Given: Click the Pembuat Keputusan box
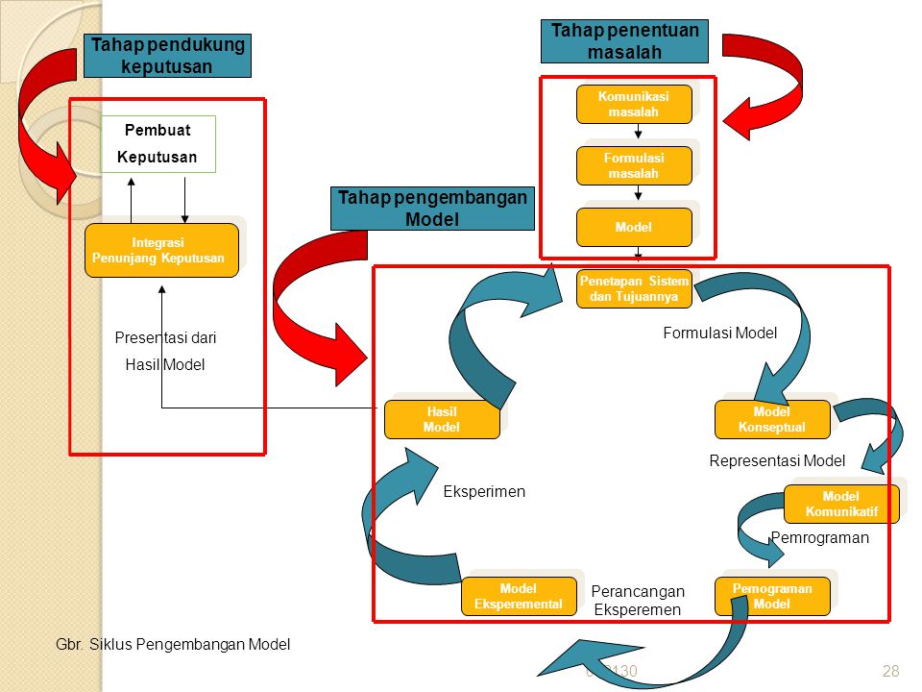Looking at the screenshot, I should tap(158, 143).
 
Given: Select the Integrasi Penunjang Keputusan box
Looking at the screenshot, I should tap(161, 250).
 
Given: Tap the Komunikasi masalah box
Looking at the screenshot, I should tap(634, 104).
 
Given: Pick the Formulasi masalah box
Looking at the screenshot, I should tap(634, 165).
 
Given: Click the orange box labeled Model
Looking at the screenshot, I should tap(634, 227).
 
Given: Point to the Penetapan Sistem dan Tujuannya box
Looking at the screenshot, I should tap(634, 288).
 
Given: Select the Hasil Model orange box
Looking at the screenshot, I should tap(442, 419).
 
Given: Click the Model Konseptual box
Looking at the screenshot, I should tap(772, 419).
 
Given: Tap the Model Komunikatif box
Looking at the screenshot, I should tap(841, 504).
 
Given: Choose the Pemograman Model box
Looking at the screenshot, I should tap(772, 596).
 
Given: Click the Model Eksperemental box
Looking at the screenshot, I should tap(519, 596).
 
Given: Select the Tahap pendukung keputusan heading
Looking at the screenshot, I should tap(167, 56).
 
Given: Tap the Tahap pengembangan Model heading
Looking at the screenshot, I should tap(433, 209).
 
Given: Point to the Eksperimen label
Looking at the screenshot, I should tap(484, 491).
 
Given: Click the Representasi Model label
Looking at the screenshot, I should tap(777, 460).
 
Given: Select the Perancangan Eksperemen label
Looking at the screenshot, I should tap(637, 601).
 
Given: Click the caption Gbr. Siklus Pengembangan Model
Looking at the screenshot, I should tap(174, 644).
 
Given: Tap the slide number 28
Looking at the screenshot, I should tap(889, 671).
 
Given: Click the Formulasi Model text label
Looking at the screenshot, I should tap(719, 333).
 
